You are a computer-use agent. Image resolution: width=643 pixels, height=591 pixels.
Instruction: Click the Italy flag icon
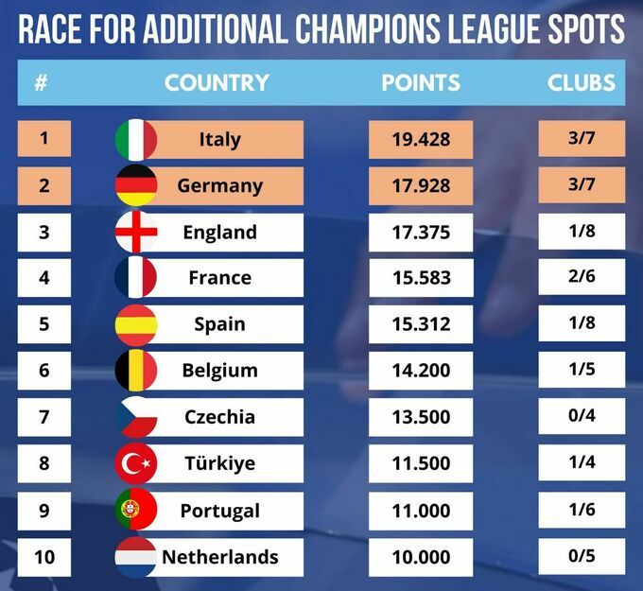point(135,140)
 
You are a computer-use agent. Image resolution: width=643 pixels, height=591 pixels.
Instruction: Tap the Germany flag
point(135,186)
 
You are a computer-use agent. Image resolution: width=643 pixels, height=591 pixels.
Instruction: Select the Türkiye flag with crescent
point(135,464)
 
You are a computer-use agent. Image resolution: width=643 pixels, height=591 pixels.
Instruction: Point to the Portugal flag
point(135,511)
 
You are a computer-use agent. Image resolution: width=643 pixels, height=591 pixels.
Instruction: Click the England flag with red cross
point(135,233)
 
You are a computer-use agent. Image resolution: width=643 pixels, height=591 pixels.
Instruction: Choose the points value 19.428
point(421,140)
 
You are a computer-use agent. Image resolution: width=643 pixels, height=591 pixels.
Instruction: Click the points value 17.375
point(421,233)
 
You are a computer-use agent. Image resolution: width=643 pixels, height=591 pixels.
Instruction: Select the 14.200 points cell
point(421,371)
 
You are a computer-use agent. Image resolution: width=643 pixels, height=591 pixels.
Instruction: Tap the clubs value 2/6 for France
point(582,278)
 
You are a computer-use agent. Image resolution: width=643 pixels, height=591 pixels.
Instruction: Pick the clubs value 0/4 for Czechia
point(582,417)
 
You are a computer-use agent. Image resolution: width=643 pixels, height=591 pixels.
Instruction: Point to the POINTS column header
point(421,82)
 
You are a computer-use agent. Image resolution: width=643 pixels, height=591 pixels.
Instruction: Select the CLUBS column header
point(582,82)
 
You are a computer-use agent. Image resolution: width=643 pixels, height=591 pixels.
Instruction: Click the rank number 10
point(44,556)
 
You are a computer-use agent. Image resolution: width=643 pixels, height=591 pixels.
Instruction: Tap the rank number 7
point(44,417)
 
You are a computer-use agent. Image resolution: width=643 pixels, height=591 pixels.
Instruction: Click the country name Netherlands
point(220,557)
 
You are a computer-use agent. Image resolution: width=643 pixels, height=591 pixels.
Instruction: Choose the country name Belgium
point(220,371)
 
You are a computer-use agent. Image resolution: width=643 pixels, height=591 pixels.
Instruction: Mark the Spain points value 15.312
point(421,324)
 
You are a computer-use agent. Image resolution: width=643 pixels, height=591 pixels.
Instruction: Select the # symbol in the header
point(42,82)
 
